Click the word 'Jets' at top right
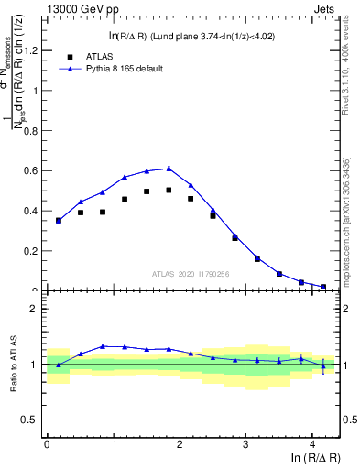tap(324, 8)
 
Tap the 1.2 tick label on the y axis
tap(31, 49)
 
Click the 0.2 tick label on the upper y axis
tap(31, 251)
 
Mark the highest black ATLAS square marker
tap(169, 191)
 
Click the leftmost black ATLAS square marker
tap(59, 221)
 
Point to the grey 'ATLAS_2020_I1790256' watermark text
tap(190, 273)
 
